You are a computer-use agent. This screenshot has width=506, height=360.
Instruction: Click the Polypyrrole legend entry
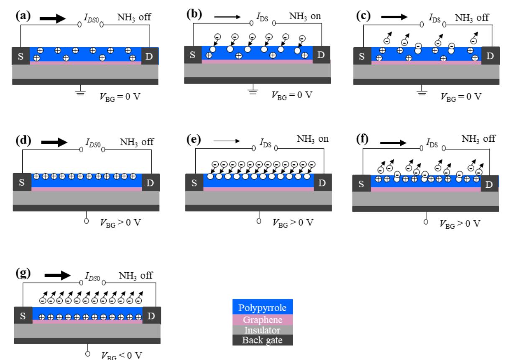(x=262, y=308)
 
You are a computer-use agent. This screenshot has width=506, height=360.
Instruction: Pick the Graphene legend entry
(x=262, y=320)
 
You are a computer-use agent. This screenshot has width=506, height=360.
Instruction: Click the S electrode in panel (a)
(x=20, y=56)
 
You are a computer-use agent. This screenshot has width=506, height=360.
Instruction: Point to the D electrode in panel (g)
(x=151, y=316)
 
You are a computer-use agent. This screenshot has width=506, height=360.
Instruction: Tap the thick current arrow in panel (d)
(x=54, y=143)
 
